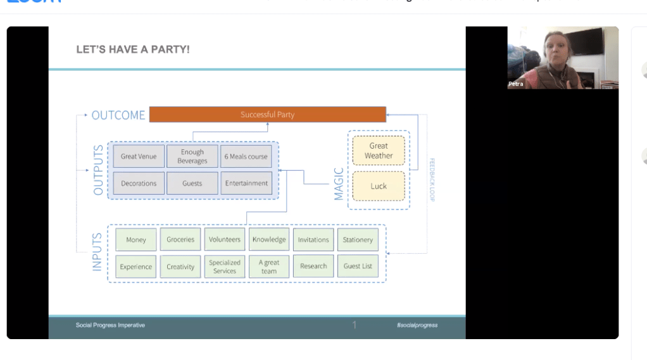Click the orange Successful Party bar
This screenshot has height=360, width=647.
coord(267,115)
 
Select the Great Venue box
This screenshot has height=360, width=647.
coord(139,156)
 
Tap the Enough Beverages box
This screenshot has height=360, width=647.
coord(192,156)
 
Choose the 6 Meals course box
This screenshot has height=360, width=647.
coord(246,156)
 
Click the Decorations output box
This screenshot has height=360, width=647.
coord(139,183)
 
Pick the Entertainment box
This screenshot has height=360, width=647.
coord(246,183)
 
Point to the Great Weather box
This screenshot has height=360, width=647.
coord(379,151)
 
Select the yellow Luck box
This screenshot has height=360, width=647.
coord(379,186)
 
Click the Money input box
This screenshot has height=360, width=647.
coord(136,240)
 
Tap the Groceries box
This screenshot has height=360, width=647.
coord(180,240)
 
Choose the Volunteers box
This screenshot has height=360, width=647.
coord(225,240)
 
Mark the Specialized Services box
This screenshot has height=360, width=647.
coord(225,266)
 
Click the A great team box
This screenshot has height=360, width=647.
coord(269,266)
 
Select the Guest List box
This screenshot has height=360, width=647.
coord(358,266)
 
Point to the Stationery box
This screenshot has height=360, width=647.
coord(358,240)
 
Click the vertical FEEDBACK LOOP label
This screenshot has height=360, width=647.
coord(432,180)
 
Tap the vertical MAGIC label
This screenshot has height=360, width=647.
coord(339,184)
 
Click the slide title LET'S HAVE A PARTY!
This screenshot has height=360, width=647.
coord(133,49)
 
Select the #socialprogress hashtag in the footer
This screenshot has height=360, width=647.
coord(417,325)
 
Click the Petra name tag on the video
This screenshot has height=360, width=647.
coord(516,84)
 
